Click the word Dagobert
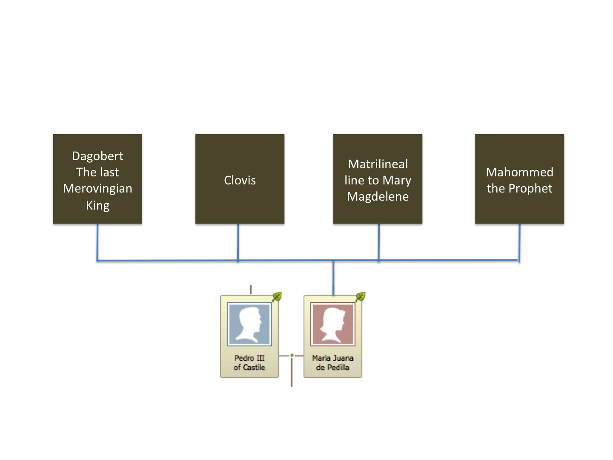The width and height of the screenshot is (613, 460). [97, 156]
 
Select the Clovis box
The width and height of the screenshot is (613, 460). [240, 179]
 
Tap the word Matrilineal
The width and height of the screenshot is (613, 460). [378, 164]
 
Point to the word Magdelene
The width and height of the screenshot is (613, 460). [378, 196]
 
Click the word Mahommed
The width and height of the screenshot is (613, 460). [519, 172]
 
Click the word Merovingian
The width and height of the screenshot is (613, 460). [97, 188]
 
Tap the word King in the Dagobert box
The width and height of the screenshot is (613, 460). [97, 205]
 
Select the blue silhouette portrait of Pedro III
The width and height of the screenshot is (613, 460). [249, 324]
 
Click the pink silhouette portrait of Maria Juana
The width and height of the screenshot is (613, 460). [332, 324]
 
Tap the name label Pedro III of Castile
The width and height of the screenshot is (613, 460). [249, 362]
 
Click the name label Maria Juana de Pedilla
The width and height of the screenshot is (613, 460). [332, 362]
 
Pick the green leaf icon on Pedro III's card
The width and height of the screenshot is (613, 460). [277, 296]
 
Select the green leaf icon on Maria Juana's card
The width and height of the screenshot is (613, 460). [361, 296]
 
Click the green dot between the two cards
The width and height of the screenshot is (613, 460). [292, 355]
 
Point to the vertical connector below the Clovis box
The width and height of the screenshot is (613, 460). [238, 241]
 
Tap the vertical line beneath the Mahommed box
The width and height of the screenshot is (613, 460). [519, 241]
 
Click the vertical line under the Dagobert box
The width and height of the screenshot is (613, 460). [97, 241]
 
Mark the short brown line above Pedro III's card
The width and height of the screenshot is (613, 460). [251, 290]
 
